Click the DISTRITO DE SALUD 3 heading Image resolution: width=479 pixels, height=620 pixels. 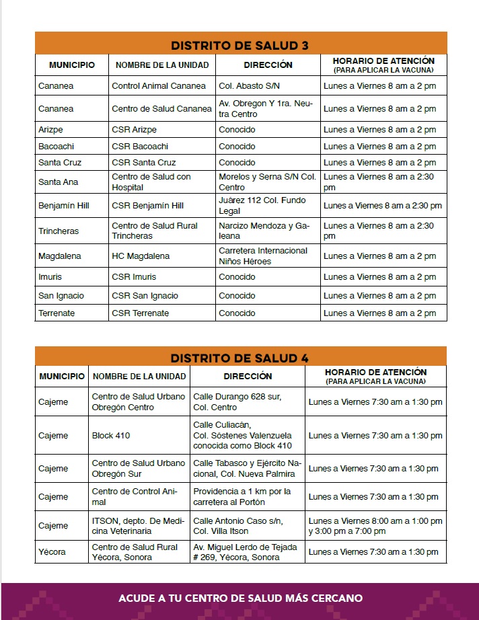pyautogui.click(x=240, y=46)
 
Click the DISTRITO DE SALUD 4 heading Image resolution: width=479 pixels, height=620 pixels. pyautogui.click(x=240, y=358)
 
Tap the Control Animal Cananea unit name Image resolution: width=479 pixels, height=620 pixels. pyautogui.click(x=159, y=86)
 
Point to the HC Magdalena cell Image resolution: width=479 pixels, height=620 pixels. pyautogui.click(x=141, y=256)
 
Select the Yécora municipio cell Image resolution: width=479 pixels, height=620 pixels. pyautogui.click(x=52, y=552)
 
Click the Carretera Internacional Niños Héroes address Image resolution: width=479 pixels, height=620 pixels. pyautogui.click(x=263, y=256)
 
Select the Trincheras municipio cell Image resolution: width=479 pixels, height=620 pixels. pyautogui.click(x=59, y=231)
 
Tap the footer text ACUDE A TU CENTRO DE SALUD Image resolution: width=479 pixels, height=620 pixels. pyautogui.click(x=240, y=598)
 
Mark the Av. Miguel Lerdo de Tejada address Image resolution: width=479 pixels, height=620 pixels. pyautogui.click(x=245, y=552)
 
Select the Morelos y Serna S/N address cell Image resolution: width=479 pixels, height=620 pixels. pyautogui.click(x=267, y=182)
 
